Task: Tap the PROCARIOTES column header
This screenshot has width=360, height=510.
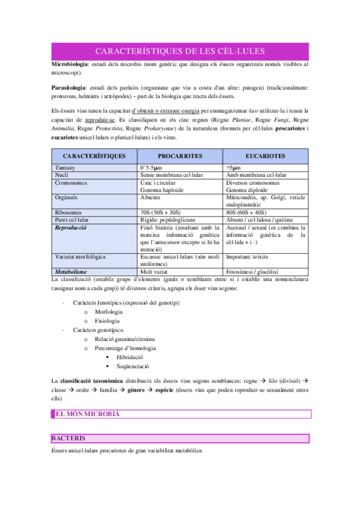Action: [180, 156]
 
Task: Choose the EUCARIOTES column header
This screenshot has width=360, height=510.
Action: [265, 156]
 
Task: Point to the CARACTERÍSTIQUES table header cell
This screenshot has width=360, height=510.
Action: [94, 156]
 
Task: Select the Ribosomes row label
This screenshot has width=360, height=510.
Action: [70, 212]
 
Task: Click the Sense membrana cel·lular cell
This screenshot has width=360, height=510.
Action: [171, 175]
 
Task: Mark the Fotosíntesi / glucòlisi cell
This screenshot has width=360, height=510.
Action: [252, 272]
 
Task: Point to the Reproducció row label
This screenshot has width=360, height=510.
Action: [71, 228]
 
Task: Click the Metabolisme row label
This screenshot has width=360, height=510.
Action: [72, 272]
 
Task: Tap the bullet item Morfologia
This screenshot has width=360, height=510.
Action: [109, 312]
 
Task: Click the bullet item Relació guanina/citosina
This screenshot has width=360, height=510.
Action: [124, 339]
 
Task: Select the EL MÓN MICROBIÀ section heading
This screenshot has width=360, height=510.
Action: [87, 414]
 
